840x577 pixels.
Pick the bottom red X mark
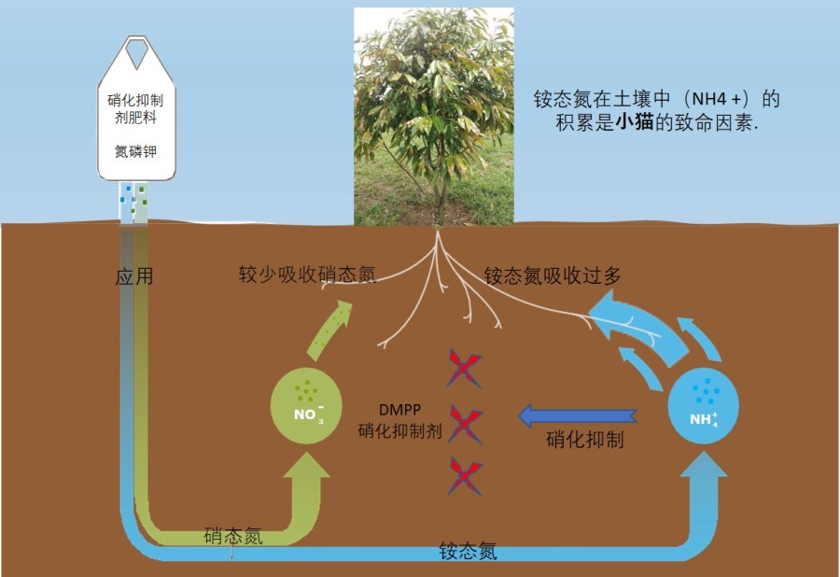[x=465, y=476]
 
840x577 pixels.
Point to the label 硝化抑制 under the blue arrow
[x=584, y=440]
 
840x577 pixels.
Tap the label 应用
[x=134, y=276]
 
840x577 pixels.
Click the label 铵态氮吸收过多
[x=553, y=275]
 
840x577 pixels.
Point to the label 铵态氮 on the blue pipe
[x=468, y=551]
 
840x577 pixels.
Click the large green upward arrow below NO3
[x=304, y=486]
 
